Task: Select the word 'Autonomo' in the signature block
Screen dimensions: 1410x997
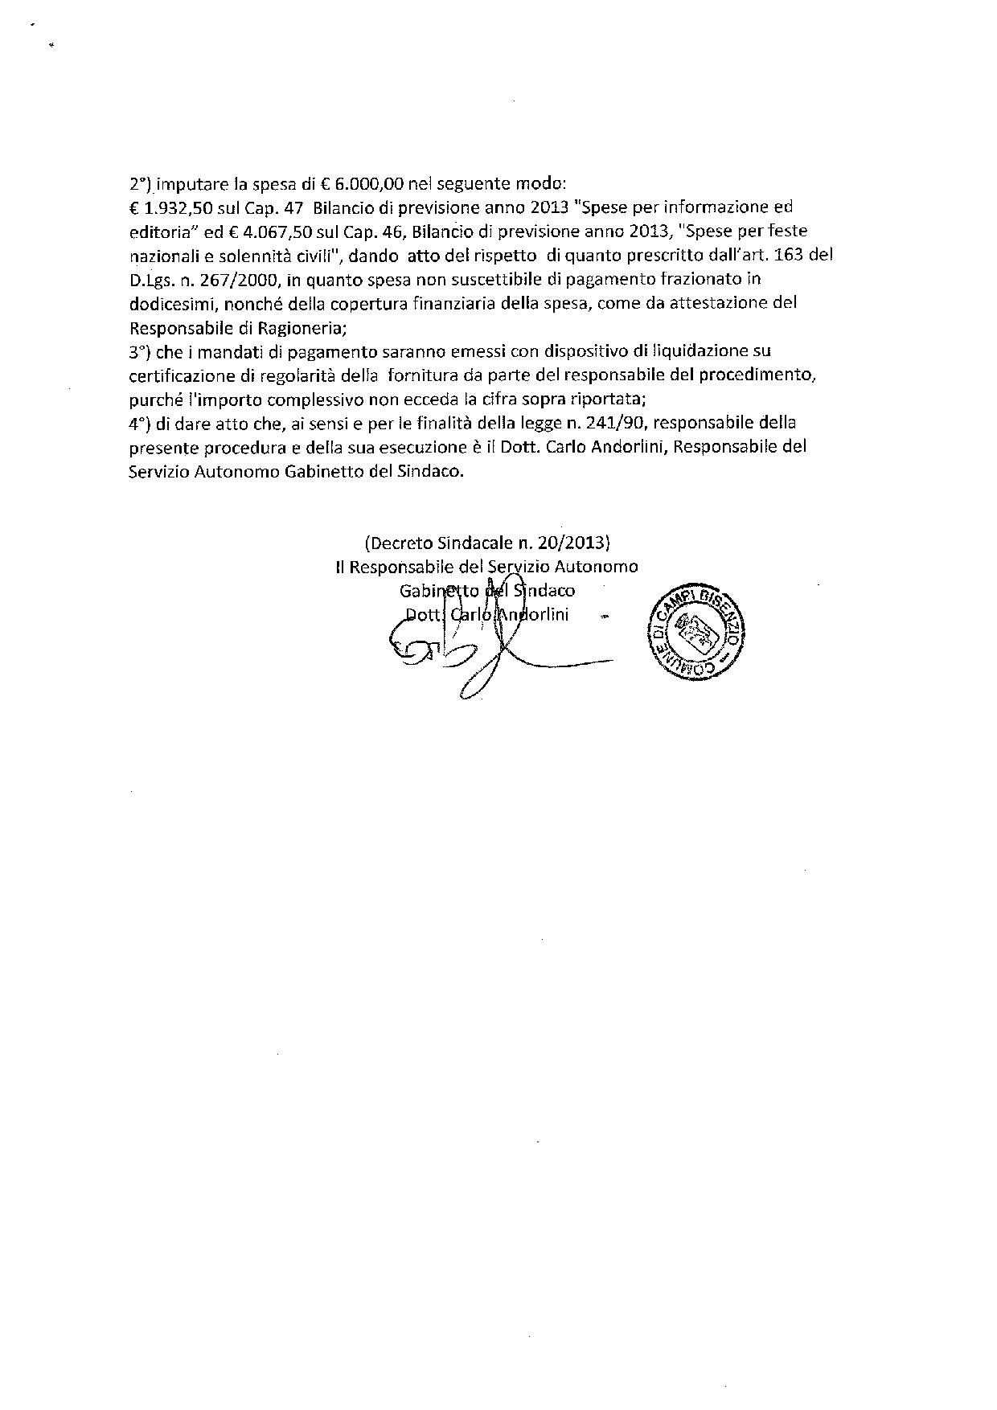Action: click(601, 567)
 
